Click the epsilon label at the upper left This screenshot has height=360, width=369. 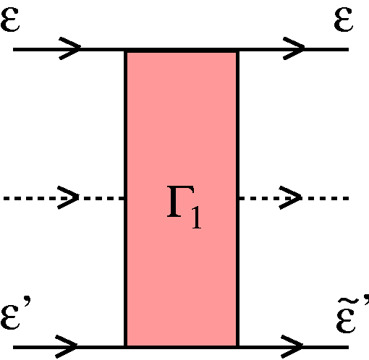coord(10,19)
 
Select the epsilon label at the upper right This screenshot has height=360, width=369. coord(344,19)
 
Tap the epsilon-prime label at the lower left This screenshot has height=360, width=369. coord(16,314)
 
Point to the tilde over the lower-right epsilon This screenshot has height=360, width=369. coord(346,301)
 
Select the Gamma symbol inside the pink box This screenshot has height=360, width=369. coord(180,202)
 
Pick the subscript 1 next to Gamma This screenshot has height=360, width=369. coord(197,217)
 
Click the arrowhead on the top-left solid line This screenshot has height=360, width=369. coord(70,48)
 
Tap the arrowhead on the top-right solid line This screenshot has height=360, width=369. coord(294,48)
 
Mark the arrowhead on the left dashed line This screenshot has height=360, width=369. coord(68,197)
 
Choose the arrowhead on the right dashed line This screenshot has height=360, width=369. coord(290,197)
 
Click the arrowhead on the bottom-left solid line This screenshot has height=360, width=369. coord(67,346)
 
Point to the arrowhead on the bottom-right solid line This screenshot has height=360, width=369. coord(292,346)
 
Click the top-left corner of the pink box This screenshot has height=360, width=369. coord(125,50)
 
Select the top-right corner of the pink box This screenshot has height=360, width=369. coord(238,50)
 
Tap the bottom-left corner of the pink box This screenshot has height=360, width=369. coord(125,347)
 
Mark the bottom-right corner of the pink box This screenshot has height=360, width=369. coord(238,347)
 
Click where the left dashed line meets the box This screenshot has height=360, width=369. coord(124,198)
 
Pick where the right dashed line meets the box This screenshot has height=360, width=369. coord(239,198)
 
